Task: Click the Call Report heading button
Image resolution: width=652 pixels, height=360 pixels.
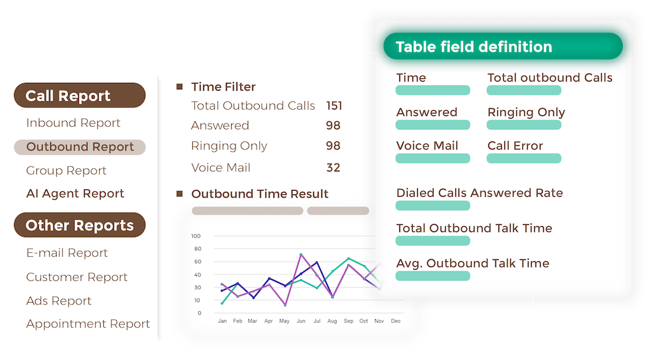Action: [80, 96]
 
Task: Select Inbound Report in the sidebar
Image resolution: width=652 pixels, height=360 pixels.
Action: [73, 123]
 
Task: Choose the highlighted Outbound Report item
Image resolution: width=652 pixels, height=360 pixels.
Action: [80, 147]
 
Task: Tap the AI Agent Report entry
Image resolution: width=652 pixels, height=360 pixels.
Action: [75, 194]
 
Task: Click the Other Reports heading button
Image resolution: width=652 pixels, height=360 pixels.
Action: [80, 225]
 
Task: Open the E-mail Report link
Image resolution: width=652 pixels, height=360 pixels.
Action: [67, 252]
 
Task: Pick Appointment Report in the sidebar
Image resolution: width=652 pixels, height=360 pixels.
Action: [88, 324]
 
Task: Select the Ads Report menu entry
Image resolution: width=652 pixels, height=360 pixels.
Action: [59, 301]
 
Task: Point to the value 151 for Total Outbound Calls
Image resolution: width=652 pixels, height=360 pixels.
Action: [334, 106]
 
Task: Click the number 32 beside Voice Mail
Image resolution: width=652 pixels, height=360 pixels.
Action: [333, 168]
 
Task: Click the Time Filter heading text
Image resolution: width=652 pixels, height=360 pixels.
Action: [223, 87]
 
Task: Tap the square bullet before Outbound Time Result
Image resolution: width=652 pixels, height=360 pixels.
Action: [180, 194]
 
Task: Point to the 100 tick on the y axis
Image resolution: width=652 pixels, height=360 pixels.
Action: [196, 236]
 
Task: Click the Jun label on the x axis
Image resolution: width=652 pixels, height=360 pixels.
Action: [301, 321]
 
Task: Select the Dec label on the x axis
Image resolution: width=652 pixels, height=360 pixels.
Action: [396, 321]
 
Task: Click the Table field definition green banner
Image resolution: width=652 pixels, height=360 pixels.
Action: [503, 47]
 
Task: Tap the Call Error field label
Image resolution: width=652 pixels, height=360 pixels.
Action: [515, 146]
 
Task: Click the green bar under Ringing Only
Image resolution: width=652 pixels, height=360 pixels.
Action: [524, 125]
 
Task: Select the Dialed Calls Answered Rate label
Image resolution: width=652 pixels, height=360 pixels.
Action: [479, 192]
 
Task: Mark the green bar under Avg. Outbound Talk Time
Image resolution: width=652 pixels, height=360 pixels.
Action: [433, 276]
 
